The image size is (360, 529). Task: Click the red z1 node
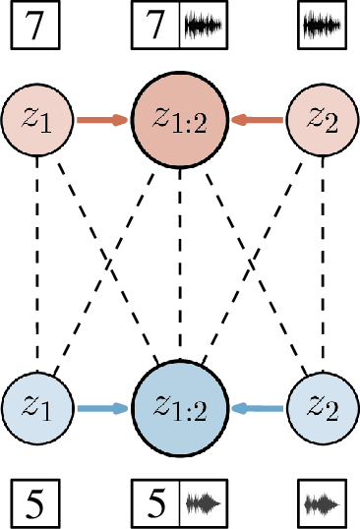pyautogui.click(x=37, y=120)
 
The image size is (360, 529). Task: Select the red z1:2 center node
pyautogui.click(x=179, y=120)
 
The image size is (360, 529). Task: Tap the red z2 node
pyautogui.click(x=321, y=120)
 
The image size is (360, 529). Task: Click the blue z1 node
pyautogui.click(x=37, y=405)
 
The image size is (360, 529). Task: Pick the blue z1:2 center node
pyautogui.click(x=179, y=405)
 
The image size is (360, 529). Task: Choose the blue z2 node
pyautogui.click(x=321, y=405)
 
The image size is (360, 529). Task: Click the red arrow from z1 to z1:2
pyautogui.click(x=102, y=121)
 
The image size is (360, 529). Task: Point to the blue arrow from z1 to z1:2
pyautogui.click(x=102, y=406)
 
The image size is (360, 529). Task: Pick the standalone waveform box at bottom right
pyautogui.click(x=323, y=504)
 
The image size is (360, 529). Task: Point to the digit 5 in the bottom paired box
pyautogui.click(x=155, y=504)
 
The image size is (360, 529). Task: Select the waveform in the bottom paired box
pyautogui.click(x=204, y=504)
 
